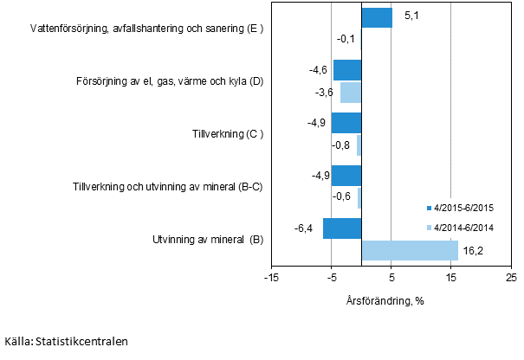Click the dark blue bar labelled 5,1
click(377, 17)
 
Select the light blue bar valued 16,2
click(410, 250)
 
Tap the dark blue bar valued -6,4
click(342, 228)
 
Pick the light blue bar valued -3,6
click(351, 92)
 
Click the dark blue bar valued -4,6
click(347, 70)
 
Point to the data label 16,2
click(472, 250)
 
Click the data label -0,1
click(347, 39)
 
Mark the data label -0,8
click(341, 145)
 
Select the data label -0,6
click(343, 196)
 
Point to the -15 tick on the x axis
click(271, 279)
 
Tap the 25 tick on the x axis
click(511, 279)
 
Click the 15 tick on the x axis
click(450, 279)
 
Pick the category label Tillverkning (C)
click(227, 134)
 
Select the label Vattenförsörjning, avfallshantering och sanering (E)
click(146, 29)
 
